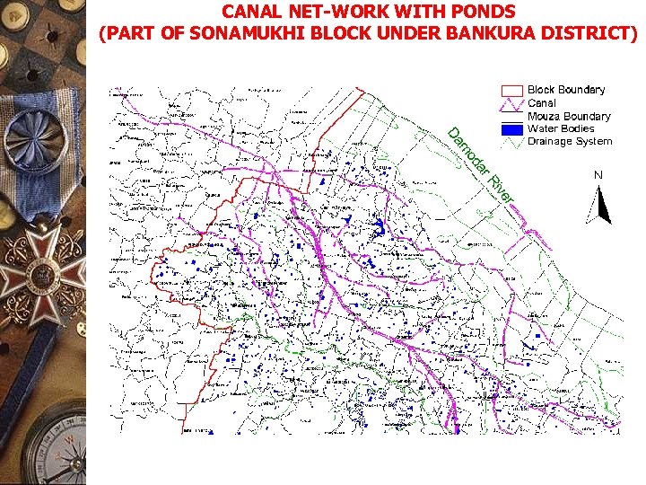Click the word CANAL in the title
point(249,13)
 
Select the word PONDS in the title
point(483,13)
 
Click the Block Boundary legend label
point(566,90)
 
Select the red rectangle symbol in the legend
point(511,90)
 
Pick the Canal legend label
point(542,103)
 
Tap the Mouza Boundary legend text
point(569,116)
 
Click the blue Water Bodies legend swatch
point(511,129)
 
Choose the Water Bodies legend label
point(561,128)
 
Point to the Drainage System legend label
point(570,141)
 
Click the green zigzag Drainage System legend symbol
point(511,142)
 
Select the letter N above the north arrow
point(598,173)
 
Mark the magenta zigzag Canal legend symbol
point(511,103)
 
